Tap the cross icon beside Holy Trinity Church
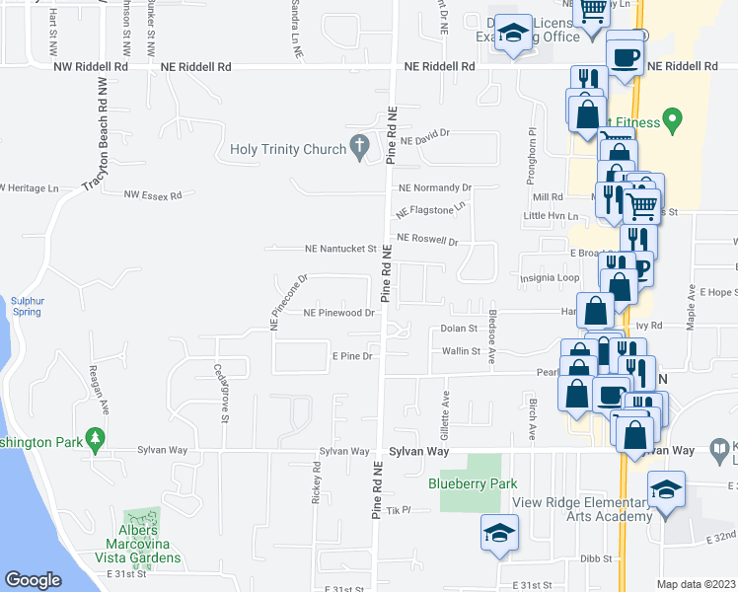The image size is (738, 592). (x=361, y=149)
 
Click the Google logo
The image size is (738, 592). (x=34, y=580)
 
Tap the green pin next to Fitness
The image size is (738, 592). (x=673, y=122)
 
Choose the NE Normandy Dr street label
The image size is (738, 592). (x=435, y=187)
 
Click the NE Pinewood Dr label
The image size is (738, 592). (x=339, y=313)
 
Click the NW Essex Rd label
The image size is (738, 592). (x=153, y=195)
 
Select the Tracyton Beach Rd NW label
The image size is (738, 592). (x=103, y=125)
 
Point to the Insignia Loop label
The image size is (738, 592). (x=551, y=278)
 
